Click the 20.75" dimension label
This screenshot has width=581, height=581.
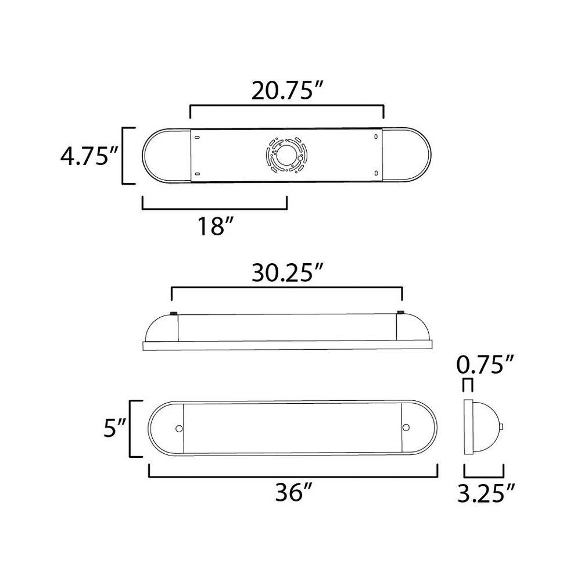click(x=287, y=91)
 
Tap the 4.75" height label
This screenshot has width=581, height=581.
click(x=88, y=157)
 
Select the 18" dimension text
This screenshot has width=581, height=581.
click(x=216, y=227)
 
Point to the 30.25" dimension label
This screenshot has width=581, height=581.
click(x=288, y=273)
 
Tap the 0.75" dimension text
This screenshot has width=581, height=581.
click(x=485, y=365)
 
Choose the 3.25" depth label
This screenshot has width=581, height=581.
click(x=486, y=493)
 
